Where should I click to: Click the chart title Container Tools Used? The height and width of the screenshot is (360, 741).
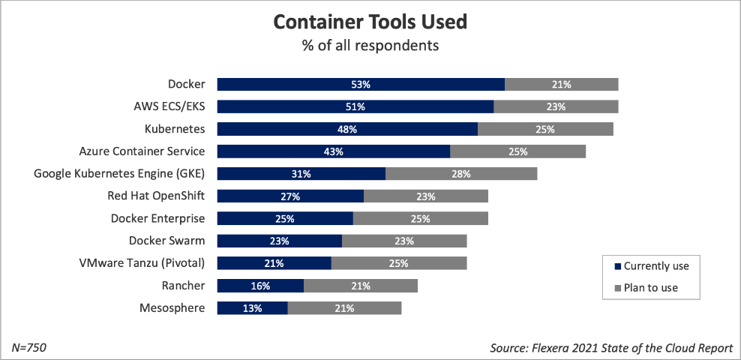click(370, 22)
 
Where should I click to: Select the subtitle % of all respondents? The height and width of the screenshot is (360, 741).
click(370, 46)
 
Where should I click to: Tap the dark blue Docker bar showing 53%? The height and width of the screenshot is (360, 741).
click(361, 84)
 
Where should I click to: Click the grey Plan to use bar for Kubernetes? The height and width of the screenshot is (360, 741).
click(545, 129)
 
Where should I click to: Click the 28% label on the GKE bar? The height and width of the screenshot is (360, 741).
click(461, 174)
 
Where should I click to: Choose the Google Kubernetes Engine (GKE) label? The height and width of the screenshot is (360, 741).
click(119, 173)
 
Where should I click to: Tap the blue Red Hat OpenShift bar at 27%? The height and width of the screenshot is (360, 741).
click(290, 196)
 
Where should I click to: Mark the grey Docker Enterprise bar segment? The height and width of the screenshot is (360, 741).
click(420, 219)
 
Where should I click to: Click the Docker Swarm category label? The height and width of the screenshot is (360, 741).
click(166, 241)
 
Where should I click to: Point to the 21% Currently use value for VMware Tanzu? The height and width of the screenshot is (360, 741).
click(274, 263)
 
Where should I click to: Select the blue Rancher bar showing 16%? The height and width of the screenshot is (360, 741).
click(260, 286)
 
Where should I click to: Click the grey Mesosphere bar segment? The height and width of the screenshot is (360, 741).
click(344, 308)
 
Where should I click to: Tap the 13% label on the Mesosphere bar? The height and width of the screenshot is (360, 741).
click(252, 308)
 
